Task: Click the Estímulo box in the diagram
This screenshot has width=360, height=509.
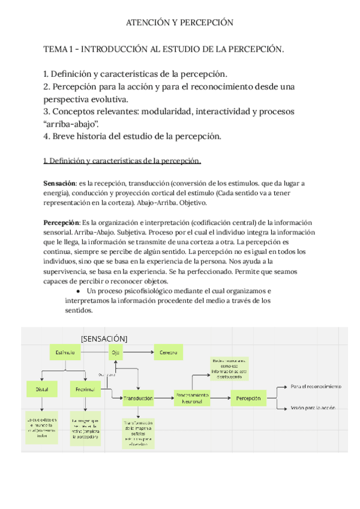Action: click(x=65, y=353)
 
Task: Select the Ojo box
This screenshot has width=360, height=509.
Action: click(x=115, y=353)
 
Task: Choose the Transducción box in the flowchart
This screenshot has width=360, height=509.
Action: click(x=139, y=398)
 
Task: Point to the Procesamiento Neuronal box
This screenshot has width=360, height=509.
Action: click(x=192, y=398)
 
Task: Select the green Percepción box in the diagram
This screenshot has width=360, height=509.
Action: click(x=248, y=398)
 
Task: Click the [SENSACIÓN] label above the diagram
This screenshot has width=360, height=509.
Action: click(x=104, y=338)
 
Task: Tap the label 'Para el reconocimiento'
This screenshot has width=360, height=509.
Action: click(x=316, y=387)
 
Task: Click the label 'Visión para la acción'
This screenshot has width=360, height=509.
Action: click(x=313, y=408)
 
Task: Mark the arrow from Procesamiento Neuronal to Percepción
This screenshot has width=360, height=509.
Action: click(x=220, y=398)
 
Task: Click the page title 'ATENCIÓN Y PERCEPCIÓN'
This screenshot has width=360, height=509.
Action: click(x=179, y=23)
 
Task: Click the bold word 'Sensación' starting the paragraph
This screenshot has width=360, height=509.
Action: click(x=60, y=182)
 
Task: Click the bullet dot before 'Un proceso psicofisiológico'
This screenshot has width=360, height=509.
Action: click(x=79, y=291)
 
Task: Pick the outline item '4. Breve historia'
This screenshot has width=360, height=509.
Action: click(x=133, y=136)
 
